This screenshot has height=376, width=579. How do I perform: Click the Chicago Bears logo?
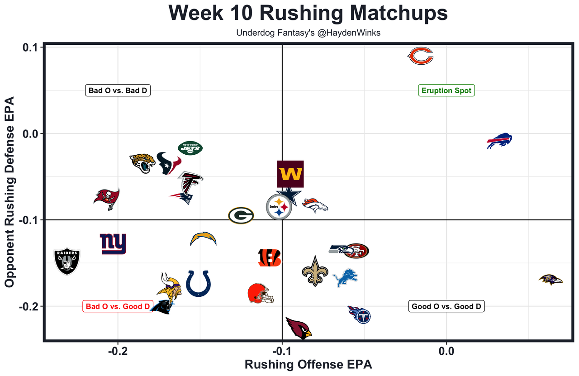[x=420, y=57]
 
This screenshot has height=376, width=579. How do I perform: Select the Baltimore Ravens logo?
[x=551, y=279]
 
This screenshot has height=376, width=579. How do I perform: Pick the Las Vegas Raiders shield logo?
[x=67, y=261]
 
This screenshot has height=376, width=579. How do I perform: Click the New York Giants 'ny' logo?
[x=113, y=244]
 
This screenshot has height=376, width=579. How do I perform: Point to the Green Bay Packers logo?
[x=241, y=215]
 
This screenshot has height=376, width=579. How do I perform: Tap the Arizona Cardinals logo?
[x=299, y=328]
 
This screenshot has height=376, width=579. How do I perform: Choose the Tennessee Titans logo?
[x=360, y=314]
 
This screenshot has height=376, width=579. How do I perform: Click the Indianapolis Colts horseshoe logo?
[x=198, y=283]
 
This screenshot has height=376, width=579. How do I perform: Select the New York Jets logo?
[x=190, y=148]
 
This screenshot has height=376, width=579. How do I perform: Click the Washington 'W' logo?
[x=290, y=174]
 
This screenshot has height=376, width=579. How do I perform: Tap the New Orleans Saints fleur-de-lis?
[x=314, y=271]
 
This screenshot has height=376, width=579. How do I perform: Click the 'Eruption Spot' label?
[x=446, y=90]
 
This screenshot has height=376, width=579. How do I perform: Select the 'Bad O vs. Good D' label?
[x=118, y=306]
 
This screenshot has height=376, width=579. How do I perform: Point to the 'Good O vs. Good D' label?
[x=446, y=306]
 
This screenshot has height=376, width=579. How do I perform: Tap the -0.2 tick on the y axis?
[x=28, y=306]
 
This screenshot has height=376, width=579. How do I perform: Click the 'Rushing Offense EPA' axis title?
[x=308, y=365]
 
